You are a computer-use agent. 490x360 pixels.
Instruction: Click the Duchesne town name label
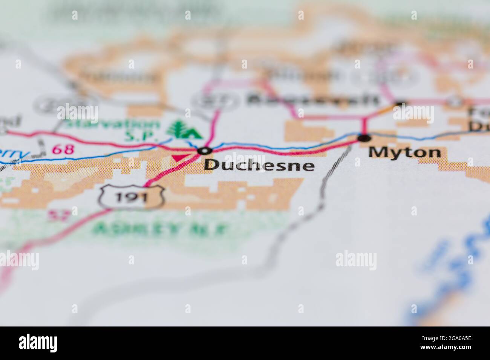[259, 165]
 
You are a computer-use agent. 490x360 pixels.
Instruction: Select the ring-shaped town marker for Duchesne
[205, 151]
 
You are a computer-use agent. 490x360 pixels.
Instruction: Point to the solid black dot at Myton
[364, 138]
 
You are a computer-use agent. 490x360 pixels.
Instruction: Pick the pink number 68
[63, 149]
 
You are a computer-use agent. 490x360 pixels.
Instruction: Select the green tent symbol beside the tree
[193, 132]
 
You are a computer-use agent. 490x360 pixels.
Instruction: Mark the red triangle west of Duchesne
[179, 157]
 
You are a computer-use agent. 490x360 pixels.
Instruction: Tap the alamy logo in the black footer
[38, 343]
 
